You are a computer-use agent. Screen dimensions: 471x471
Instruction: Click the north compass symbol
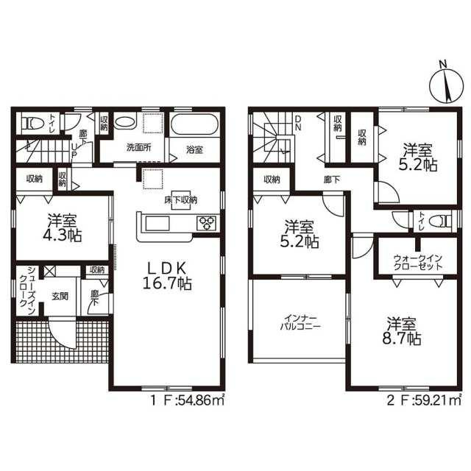446,84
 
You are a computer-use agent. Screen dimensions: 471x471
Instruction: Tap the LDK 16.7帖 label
168,275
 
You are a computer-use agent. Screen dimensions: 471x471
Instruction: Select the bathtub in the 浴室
194,125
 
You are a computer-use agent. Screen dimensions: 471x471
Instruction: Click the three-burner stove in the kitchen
206,224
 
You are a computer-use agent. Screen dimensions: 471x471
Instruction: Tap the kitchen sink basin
157,224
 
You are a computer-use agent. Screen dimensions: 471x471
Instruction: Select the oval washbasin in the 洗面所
125,123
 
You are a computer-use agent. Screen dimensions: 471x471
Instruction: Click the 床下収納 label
181,200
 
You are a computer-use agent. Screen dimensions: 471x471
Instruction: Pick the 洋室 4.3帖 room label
63,228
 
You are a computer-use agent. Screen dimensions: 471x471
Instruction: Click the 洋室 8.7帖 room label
401,331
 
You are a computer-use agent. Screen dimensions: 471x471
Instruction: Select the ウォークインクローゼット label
417,262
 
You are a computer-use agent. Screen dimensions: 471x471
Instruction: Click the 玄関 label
60,297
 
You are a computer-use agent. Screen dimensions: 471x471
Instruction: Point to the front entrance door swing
61,334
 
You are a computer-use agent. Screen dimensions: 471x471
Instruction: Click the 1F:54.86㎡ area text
187,400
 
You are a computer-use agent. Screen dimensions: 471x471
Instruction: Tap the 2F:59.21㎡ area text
424,400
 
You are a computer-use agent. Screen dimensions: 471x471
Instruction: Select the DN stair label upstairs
298,123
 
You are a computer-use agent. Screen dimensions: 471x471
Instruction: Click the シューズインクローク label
27,291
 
